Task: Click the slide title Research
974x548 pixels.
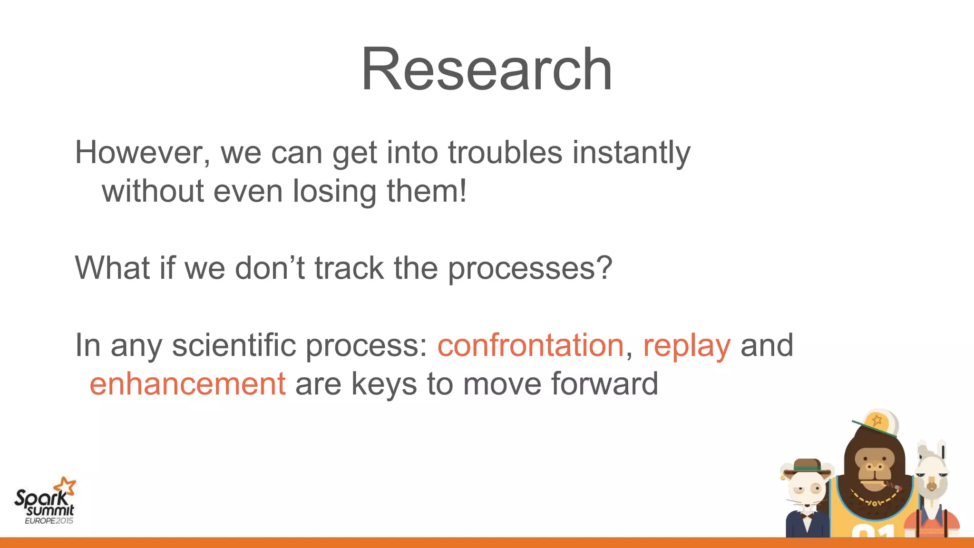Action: pyautogui.click(x=487, y=69)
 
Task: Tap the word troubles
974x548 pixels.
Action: pyautogui.click(x=505, y=153)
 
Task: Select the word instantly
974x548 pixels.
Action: pyautogui.click(x=631, y=153)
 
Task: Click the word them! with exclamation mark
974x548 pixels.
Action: pyautogui.click(x=427, y=191)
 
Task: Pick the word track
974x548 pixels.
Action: pyautogui.click(x=349, y=268)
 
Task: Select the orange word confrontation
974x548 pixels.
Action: pyautogui.click(x=530, y=345)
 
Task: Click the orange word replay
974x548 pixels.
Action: pyautogui.click(x=686, y=346)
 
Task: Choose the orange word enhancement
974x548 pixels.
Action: pyautogui.click(x=187, y=384)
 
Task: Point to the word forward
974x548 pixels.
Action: pyautogui.click(x=604, y=384)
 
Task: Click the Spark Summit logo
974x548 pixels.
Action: pyautogui.click(x=44, y=502)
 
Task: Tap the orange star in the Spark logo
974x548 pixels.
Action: pyautogui.click(x=65, y=487)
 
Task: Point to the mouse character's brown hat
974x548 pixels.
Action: pyautogui.click(x=807, y=466)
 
